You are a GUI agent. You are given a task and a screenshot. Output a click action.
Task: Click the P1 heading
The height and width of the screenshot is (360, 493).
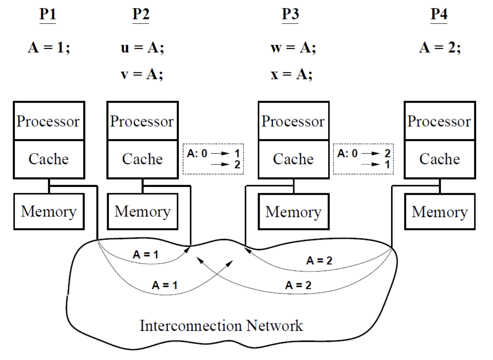tap(48, 14)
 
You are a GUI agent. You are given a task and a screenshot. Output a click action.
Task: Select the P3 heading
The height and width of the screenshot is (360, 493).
tap(290, 14)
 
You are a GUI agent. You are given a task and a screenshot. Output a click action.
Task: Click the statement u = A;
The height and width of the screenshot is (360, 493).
tap(142, 49)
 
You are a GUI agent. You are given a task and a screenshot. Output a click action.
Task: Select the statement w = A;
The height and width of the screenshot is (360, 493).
tap(293, 49)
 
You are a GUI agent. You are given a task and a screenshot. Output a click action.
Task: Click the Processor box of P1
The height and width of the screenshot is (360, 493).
tap(48, 121)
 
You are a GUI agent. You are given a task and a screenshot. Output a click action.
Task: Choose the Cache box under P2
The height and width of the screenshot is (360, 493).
tap(142, 159)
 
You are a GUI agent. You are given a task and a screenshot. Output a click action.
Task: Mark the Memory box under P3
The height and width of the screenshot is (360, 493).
tap(293, 211)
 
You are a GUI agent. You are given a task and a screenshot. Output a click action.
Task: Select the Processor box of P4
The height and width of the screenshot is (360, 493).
tap(440, 121)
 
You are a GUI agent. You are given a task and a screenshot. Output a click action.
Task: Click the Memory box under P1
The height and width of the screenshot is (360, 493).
tap(48, 211)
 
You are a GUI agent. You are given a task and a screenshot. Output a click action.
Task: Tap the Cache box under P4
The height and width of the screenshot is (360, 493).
tap(440, 159)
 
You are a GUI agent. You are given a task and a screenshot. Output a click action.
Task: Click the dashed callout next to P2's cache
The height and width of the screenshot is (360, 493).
tap(213, 159)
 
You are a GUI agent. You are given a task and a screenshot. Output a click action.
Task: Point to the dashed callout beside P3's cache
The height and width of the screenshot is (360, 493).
tap(363, 159)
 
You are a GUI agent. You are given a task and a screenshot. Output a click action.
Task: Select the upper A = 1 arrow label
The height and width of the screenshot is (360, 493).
tap(145, 255)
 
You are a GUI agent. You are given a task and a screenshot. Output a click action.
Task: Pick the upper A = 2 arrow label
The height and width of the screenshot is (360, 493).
tap(319, 261)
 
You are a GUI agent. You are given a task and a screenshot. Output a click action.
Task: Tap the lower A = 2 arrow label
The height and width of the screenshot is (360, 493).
tap(298, 285)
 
